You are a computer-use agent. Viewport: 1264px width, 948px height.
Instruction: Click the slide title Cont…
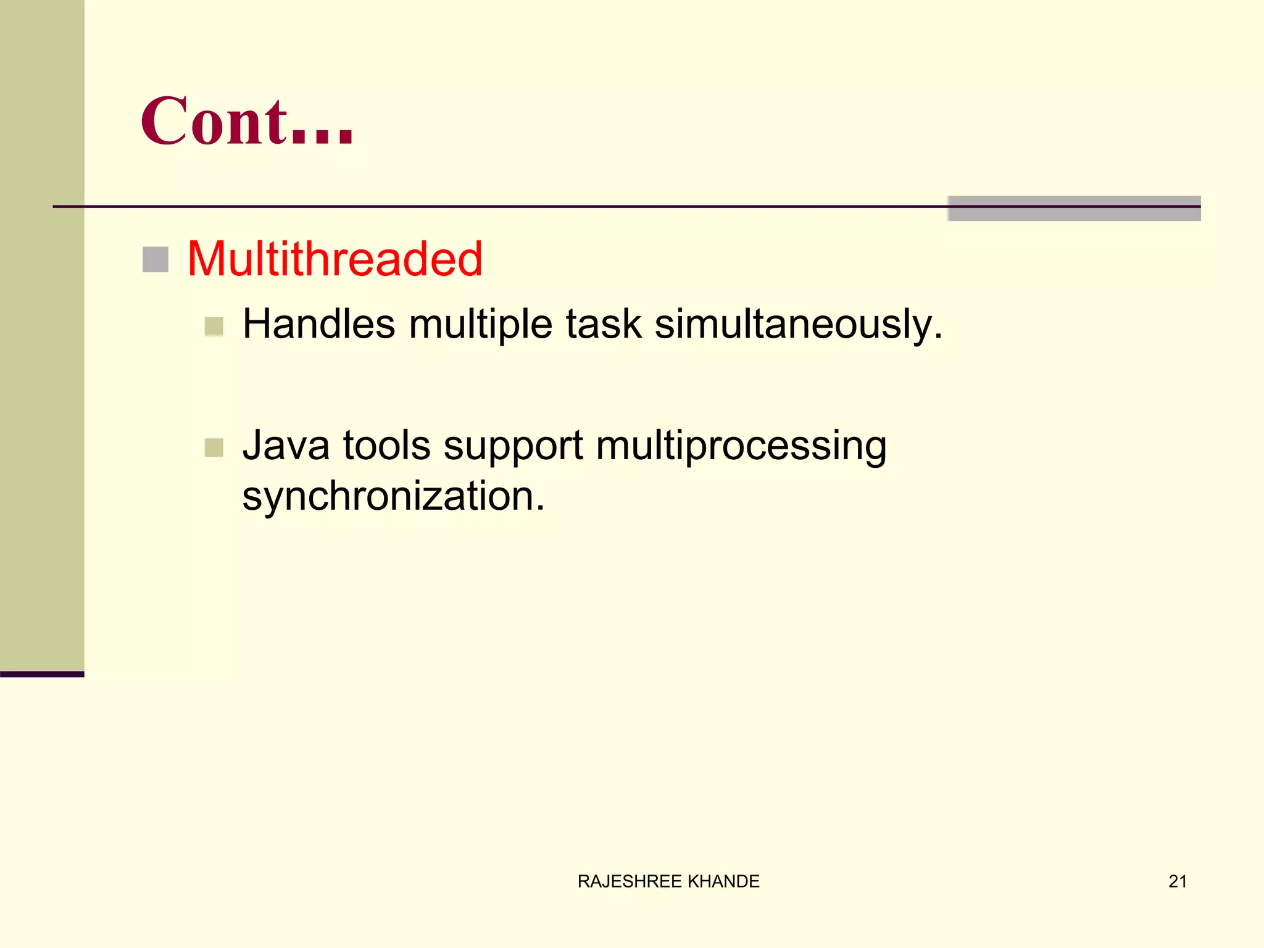[247, 122]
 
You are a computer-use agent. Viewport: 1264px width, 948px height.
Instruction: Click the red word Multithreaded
[335, 259]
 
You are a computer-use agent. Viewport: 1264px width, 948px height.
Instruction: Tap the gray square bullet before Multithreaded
[156, 260]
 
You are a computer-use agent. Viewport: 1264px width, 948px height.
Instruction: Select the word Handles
[318, 324]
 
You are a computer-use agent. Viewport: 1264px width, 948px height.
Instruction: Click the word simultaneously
[799, 325]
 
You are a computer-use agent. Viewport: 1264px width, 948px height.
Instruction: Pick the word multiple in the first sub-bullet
[480, 325]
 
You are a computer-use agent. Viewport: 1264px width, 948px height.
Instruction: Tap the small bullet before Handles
[214, 326]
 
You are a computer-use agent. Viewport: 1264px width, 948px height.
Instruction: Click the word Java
[286, 446]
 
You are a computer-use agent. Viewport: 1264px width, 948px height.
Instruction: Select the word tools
[386, 446]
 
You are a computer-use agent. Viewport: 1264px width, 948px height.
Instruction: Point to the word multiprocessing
[741, 447]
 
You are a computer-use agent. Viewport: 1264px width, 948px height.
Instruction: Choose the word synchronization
[394, 496]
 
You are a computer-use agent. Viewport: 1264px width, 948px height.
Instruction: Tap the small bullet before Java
[214, 447]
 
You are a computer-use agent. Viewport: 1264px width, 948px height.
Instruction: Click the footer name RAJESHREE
[630, 881]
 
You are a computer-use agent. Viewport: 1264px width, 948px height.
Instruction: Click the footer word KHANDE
[723, 881]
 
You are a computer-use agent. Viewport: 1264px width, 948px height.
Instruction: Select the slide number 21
[1178, 881]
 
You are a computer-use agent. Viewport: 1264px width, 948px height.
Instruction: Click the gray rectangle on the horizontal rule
[1074, 209]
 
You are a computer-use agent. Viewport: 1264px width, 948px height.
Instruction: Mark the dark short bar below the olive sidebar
[42, 674]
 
